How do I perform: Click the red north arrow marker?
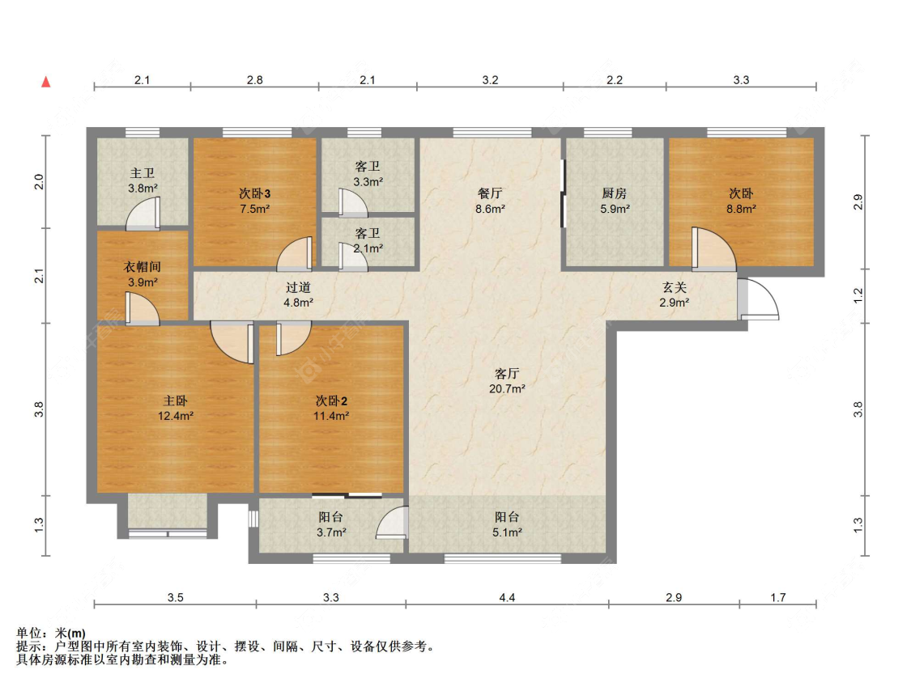point(46,82)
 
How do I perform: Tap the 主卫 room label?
point(143,173)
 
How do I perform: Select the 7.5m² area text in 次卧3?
point(254,209)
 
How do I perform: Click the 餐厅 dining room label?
point(490,193)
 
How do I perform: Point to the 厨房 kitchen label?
point(615,193)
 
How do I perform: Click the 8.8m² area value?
point(741,209)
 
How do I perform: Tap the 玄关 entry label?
point(675,287)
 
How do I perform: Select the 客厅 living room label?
point(507,373)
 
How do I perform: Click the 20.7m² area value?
point(507,388)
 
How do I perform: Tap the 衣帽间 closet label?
point(143,267)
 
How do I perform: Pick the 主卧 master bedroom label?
point(175,401)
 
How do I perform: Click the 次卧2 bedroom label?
point(331,401)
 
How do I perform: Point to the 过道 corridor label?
point(298,287)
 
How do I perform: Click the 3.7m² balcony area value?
point(331,532)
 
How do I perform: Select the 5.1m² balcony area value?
point(507,532)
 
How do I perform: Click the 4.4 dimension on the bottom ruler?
point(507,597)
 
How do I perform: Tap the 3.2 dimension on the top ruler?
point(490,79)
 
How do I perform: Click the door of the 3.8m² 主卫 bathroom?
point(143,214)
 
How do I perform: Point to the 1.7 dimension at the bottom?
point(778,597)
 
